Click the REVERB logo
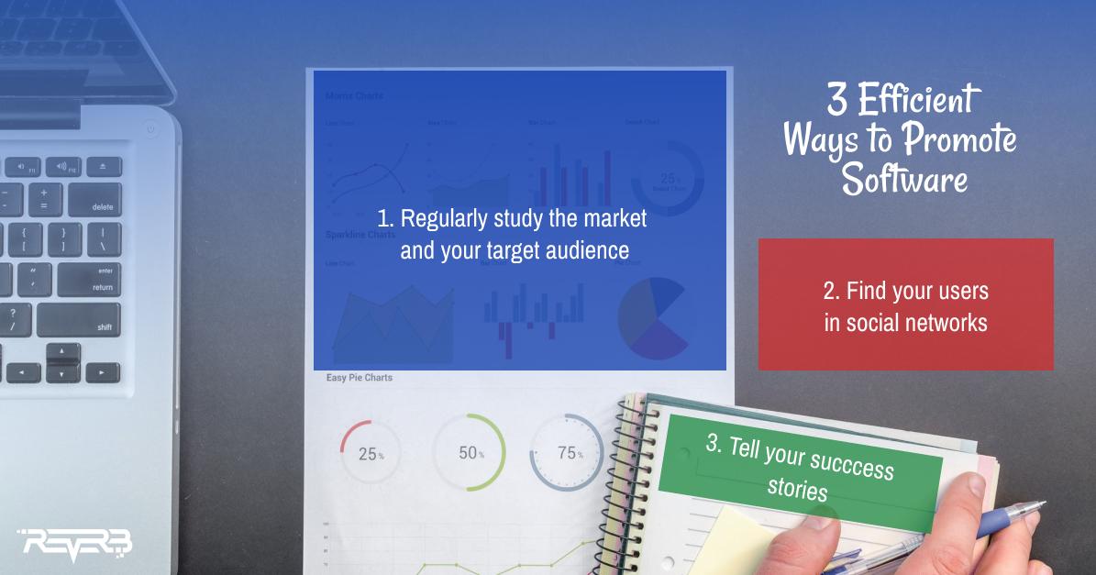[x=76, y=544]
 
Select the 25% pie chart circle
[x=370, y=453]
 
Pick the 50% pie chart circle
[x=469, y=453]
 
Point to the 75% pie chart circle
[x=566, y=453]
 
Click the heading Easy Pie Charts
[x=359, y=378]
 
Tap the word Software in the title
[x=904, y=178]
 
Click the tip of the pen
[x=1043, y=503]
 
